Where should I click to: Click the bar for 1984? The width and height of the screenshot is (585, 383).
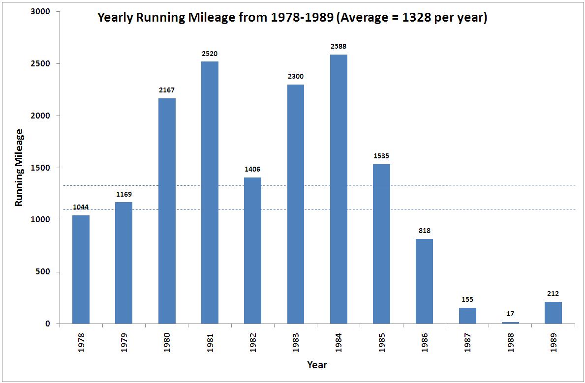point(339,189)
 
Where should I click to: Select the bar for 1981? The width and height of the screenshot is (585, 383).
point(210,193)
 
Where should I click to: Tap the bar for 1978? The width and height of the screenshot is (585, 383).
point(81,269)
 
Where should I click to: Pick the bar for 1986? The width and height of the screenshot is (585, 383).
point(425,281)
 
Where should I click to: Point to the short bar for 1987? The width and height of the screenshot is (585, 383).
point(467,316)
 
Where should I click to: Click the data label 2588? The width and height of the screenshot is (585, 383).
point(339,47)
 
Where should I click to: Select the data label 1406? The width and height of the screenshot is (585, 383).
point(252,170)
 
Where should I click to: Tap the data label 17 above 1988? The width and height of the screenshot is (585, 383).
point(510,314)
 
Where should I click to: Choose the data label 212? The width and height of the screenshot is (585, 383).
point(553,294)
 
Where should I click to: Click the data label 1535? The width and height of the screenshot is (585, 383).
point(381,156)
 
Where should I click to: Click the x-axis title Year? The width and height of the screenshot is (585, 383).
point(317,365)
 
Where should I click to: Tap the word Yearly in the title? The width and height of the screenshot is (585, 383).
point(115,18)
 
